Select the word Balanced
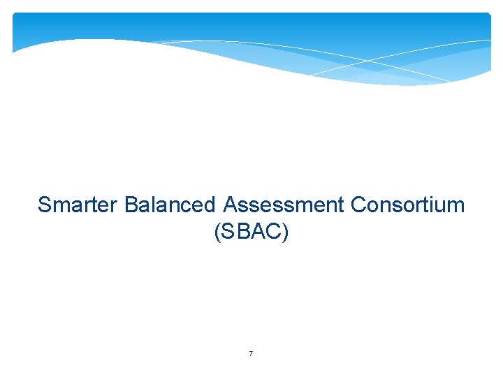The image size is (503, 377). tap(170, 205)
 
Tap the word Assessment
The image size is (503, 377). tap(284, 205)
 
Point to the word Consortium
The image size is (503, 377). tap(407, 205)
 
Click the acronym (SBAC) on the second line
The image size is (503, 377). tap(251, 232)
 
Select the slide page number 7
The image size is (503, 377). tap(251, 354)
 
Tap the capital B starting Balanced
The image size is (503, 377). tap(131, 205)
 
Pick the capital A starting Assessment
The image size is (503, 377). tap(230, 205)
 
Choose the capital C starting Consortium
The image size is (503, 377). tap(359, 205)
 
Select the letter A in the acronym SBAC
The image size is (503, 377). tap(258, 232)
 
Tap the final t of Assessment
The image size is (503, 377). tap(342, 206)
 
